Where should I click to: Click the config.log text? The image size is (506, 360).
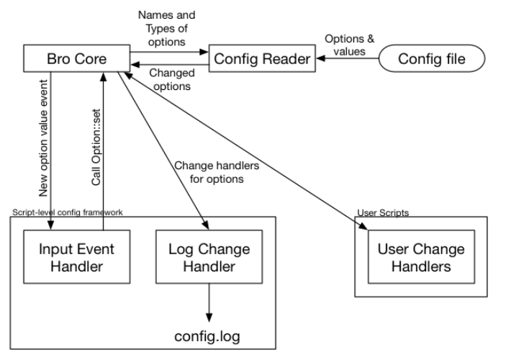point(209,336)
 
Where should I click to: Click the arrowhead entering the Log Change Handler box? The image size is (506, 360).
point(206,228)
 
